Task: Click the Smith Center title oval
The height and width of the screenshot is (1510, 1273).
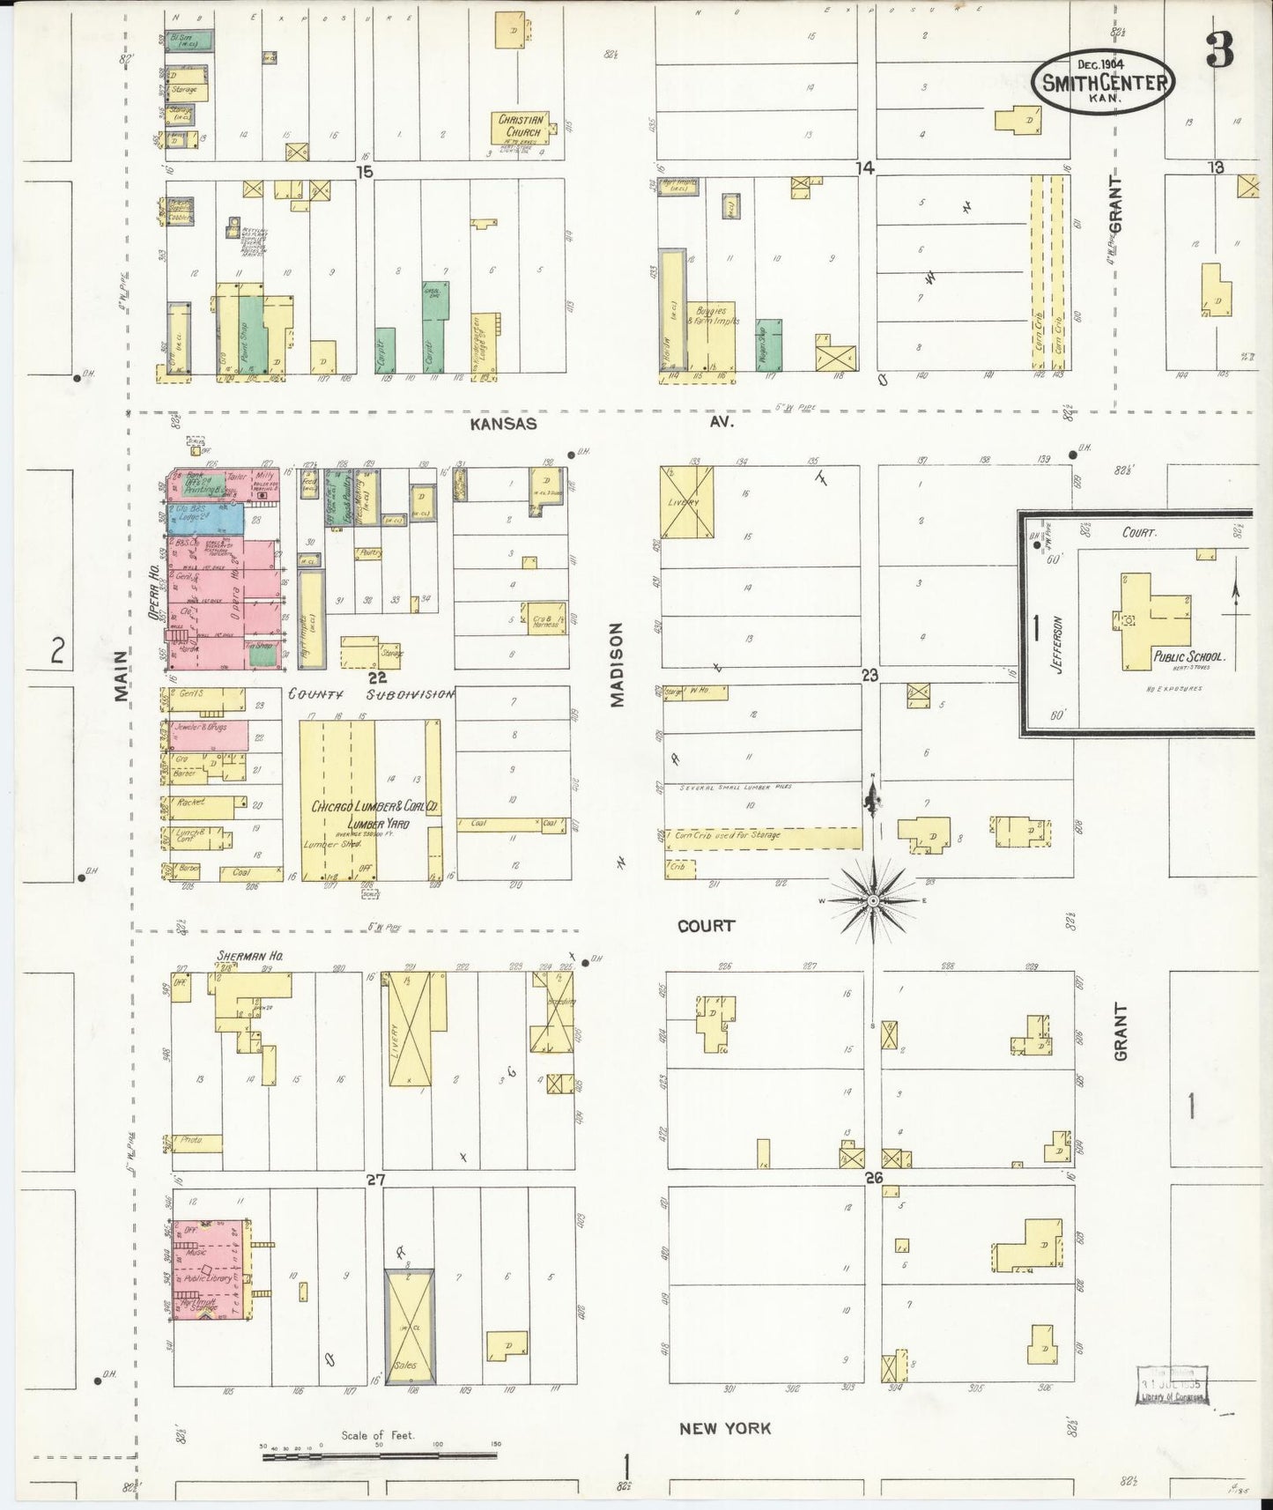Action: tap(1105, 81)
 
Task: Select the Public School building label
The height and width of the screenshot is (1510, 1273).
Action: tap(1189, 657)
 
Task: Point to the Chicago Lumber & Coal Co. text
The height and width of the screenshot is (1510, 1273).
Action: tap(374, 806)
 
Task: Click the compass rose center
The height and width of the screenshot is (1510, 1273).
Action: tap(872, 900)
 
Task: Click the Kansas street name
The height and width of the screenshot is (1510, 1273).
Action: tap(503, 424)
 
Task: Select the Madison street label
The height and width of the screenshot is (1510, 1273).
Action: tap(617, 664)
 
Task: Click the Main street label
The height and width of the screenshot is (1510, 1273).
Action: tap(121, 676)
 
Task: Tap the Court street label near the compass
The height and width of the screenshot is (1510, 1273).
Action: tap(706, 926)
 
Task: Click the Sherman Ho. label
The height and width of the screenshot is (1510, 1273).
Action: tap(242, 955)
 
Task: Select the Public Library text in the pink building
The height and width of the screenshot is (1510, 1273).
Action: tap(209, 1278)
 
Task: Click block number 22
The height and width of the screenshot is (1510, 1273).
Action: tap(377, 677)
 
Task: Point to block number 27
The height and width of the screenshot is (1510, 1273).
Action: tap(375, 1180)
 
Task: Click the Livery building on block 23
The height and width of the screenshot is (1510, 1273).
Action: tap(687, 501)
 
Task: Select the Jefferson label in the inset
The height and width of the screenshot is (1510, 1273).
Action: tap(1058, 644)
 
